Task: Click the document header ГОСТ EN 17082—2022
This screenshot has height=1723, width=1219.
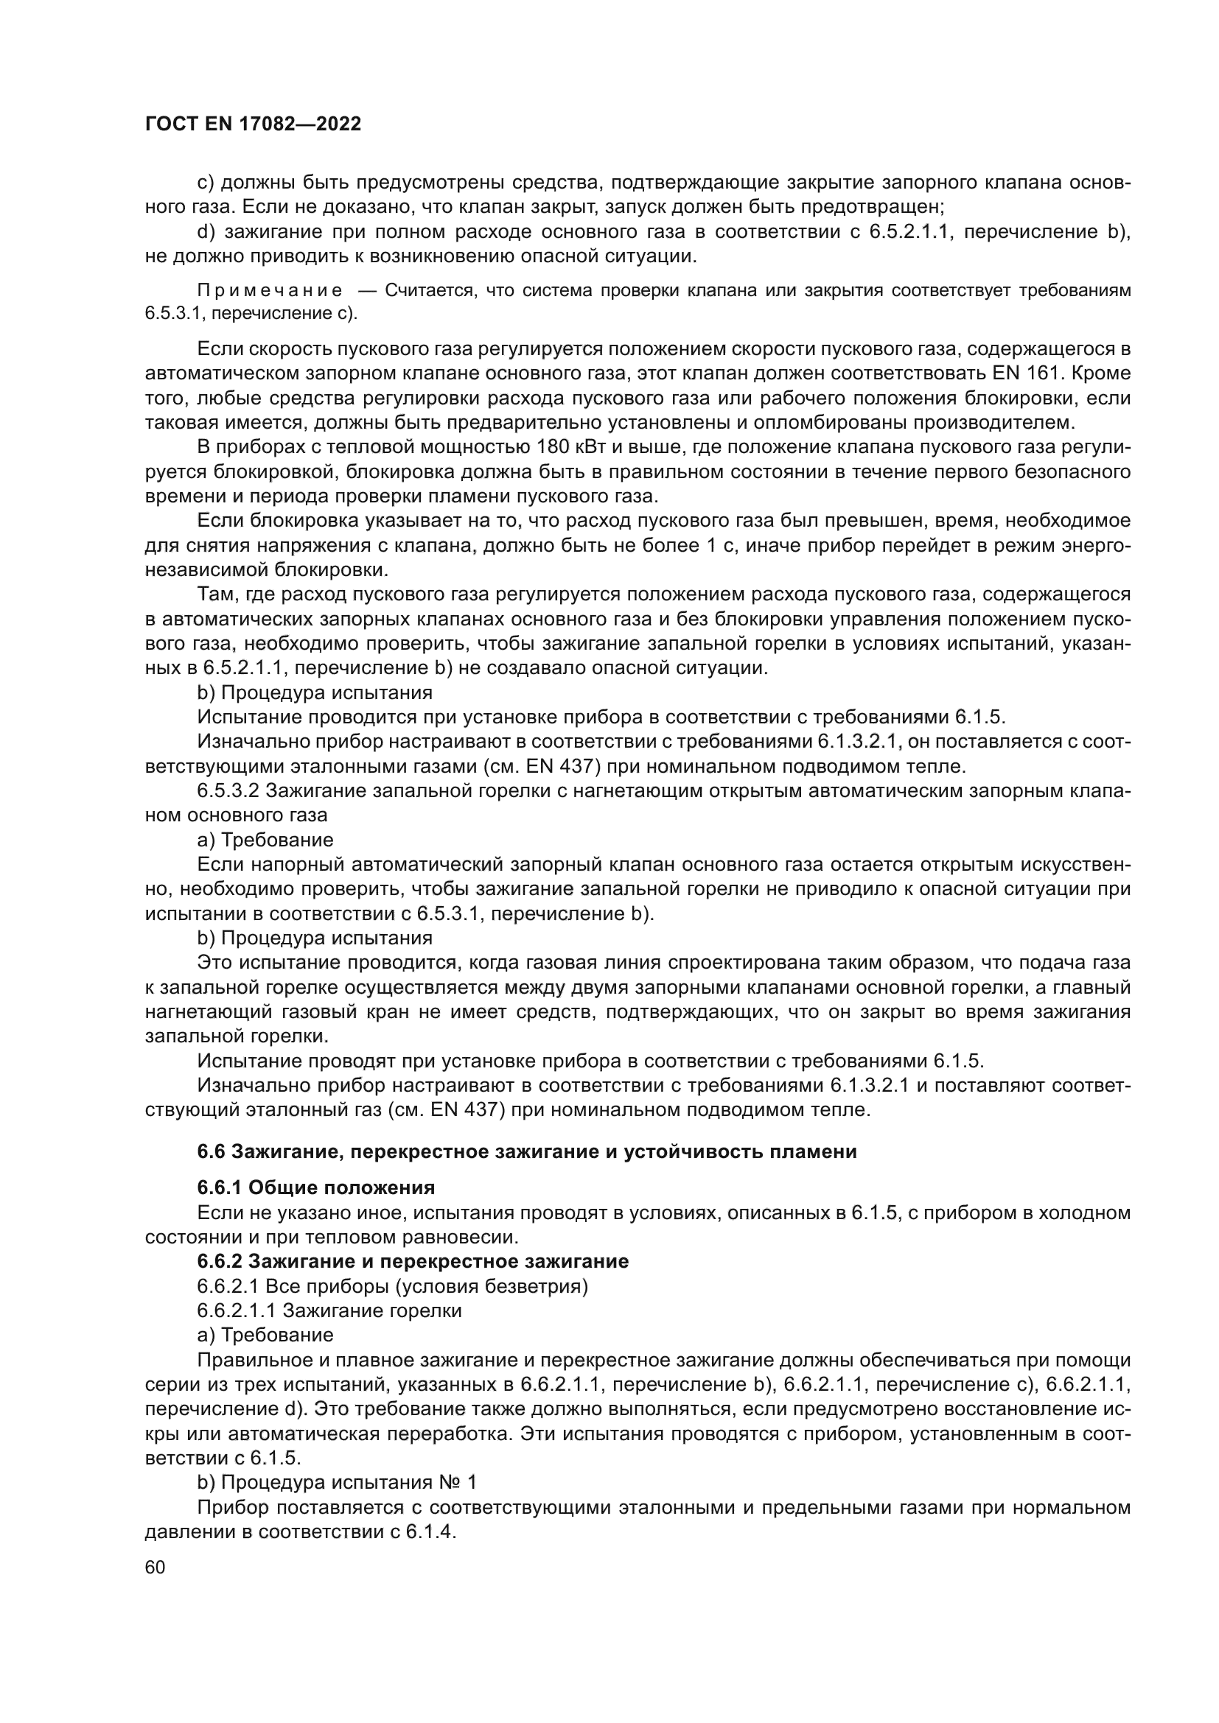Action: pos(253,124)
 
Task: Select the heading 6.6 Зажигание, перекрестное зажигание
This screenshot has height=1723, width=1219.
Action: pos(526,1152)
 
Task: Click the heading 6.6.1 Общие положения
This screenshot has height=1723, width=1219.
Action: pos(316,1187)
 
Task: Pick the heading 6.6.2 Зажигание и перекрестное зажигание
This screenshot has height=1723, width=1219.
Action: pos(413,1261)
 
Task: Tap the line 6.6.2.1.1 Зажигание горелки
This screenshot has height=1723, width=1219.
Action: pos(329,1310)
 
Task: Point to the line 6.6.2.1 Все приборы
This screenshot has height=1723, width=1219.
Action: pos(393,1286)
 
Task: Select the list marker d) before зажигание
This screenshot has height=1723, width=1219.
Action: pos(206,232)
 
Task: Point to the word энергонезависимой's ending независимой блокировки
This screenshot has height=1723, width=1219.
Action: pos(267,569)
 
